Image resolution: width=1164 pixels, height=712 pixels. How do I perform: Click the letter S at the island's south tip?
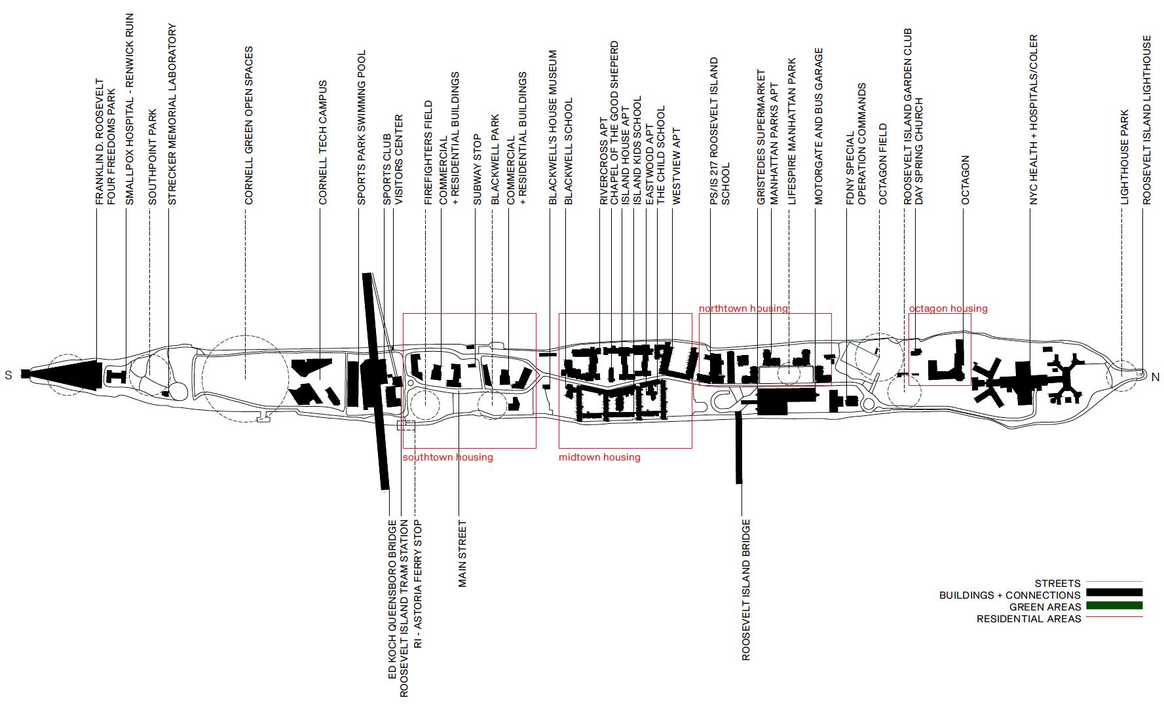click(x=9, y=375)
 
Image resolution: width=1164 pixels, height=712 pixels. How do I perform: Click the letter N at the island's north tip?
click(x=1155, y=377)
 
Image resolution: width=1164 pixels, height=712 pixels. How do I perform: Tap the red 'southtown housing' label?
click(x=447, y=457)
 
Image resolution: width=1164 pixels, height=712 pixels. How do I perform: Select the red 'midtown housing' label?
click(x=599, y=457)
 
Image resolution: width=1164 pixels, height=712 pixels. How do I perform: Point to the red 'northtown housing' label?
click(x=743, y=308)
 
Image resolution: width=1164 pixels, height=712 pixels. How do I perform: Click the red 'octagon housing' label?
click(x=948, y=308)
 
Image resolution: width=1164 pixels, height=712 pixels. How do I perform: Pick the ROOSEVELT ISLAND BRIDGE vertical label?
click(x=746, y=590)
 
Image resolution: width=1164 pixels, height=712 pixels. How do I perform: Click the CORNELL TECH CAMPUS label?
click(x=323, y=142)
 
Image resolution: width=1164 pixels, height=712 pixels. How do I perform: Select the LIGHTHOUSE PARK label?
click(x=1125, y=157)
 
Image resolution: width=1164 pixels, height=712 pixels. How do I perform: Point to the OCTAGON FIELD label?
click(x=883, y=164)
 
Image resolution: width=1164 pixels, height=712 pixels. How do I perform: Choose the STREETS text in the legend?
click(x=1057, y=583)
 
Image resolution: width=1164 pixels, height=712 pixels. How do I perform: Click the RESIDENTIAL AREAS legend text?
click(x=1028, y=618)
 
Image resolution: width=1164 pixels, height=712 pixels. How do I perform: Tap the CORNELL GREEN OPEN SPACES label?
click(x=249, y=125)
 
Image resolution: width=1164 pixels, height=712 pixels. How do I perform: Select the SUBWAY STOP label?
click(x=478, y=170)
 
